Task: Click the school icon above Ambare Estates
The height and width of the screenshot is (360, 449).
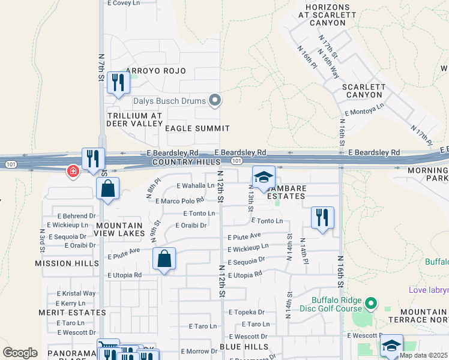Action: [263, 177]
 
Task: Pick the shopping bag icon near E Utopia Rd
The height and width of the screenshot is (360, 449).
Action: [164, 259]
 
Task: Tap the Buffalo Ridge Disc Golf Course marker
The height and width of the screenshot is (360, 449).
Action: [371, 304]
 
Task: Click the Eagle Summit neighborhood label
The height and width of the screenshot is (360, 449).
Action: [197, 128]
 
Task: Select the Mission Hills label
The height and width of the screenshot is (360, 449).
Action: [66, 263]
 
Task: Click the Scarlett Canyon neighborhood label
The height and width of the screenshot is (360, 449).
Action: [364, 91]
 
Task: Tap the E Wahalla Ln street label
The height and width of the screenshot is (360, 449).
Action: [195, 185]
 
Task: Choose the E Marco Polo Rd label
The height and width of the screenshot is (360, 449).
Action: [179, 200]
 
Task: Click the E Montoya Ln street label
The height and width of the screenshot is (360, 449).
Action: [364, 110]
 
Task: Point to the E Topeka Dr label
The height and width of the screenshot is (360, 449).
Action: [247, 313]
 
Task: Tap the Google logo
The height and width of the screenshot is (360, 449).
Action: [20, 353]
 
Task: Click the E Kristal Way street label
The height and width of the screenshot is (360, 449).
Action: [76, 293]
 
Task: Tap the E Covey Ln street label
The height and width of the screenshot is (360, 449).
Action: [123, 3]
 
